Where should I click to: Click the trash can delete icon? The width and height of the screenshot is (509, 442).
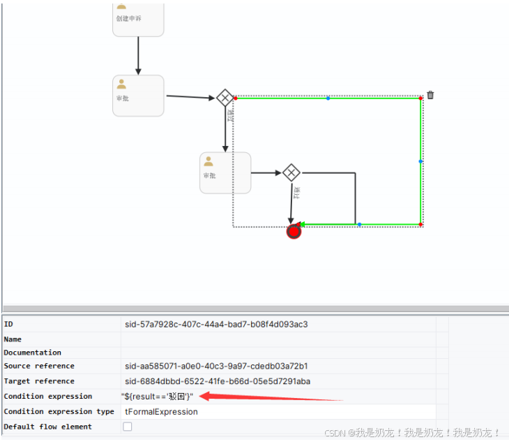tap(430, 95)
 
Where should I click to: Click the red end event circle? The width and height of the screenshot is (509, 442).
tap(294, 231)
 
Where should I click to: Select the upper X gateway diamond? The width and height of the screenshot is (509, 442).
tap(225, 98)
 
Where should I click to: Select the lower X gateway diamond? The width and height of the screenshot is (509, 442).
tap(291, 172)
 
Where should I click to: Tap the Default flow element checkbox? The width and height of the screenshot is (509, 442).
tap(128, 427)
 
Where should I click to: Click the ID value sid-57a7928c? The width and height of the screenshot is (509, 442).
tap(216, 324)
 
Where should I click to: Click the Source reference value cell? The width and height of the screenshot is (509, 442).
tap(216, 366)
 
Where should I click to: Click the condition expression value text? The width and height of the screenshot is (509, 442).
tap(158, 397)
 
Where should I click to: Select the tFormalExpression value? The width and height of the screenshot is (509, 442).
tap(161, 412)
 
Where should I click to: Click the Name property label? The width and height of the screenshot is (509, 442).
tap(13, 339)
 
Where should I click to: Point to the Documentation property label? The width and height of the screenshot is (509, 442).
tap(32, 353)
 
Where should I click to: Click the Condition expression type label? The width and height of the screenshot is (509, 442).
tap(59, 412)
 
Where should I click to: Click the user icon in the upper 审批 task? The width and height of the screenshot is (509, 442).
tap(121, 84)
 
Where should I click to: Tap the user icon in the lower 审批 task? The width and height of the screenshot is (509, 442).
tap(208, 161)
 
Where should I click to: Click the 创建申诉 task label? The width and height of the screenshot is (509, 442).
tap(128, 18)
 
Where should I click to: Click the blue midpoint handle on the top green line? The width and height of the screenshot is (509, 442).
tap(328, 98)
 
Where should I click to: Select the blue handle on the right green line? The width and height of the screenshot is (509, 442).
tap(420, 161)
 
